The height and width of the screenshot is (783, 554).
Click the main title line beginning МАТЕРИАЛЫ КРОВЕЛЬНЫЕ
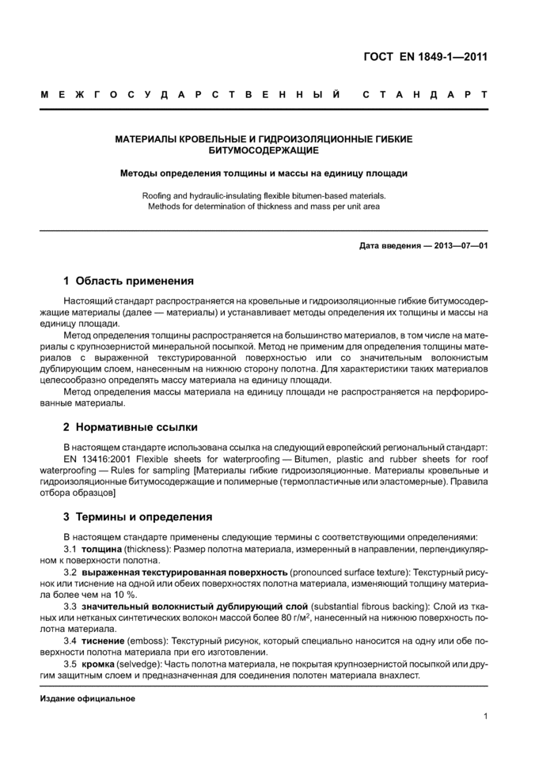tap(264, 138)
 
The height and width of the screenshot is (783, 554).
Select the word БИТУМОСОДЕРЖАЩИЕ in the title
tap(264, 149)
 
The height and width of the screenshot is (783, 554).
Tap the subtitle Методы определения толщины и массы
tap(264, 172)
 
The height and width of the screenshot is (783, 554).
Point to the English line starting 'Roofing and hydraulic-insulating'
tap(264, 195)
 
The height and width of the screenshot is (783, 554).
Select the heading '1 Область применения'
tap(128, 281)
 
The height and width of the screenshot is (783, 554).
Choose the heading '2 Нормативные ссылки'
tap(131, 427)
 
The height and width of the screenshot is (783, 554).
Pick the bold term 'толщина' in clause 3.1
tap(101, 548)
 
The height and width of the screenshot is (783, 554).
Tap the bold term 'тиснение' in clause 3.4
tap(102, 640)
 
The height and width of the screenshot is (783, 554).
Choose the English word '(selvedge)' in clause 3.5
tap(138, 663)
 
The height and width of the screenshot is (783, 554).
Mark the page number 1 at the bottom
tap(484, 717)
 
